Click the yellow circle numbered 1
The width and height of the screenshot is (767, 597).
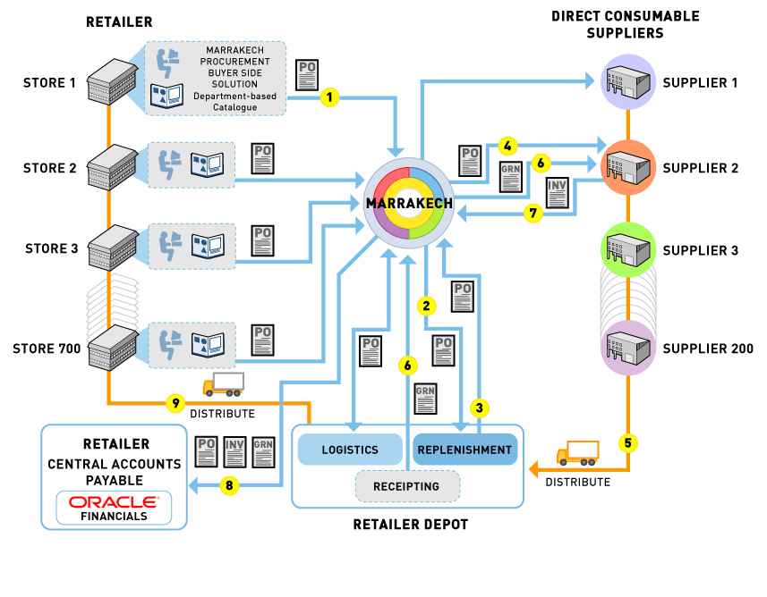click(x=330, y=96)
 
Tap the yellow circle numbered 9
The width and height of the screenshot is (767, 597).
click(x=175, y=403)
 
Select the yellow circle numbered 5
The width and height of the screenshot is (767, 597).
click(x=630, y=441)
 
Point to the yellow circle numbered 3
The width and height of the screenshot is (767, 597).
click(x=480, y=408)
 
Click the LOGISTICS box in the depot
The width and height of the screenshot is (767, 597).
click(x=350, y=450)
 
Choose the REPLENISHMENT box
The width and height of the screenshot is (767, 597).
click(x=464, y=450)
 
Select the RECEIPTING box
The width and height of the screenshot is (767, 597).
click(x=407, y=486)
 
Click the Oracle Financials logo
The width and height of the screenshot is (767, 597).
click(x=114, y=508)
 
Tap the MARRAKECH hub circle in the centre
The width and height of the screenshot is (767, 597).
click(x=409, y=204)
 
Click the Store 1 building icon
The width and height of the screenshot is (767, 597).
click(x=111, y=81)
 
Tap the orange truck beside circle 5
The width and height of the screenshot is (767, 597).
click(x=577, y=453)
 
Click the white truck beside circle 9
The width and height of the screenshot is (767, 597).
click(x=224, y=384)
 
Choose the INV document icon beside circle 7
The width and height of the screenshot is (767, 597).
click(x=557, y=191)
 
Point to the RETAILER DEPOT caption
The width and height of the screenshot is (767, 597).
click(x=410, y=525)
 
